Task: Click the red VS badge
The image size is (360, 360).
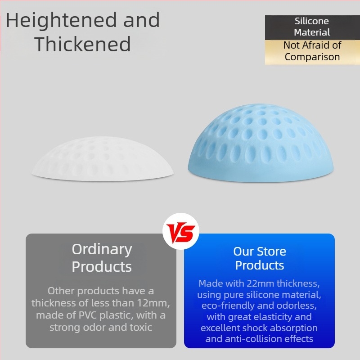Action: point(181,231)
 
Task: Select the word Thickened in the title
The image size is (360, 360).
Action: point(83,44)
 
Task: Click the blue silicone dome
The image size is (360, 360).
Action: point(261,143)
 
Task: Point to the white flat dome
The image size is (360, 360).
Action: point(103,159)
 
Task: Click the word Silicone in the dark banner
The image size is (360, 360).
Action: point(311,21)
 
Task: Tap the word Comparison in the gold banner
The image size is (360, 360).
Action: point(312,57)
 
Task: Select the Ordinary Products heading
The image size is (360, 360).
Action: point(102,258)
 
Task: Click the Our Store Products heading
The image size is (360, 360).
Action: point(260,258)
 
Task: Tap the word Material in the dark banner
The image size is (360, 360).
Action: point(312,32)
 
